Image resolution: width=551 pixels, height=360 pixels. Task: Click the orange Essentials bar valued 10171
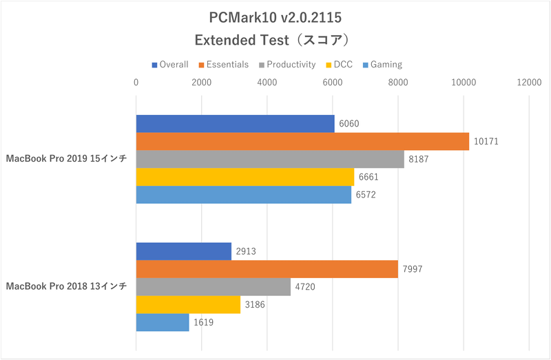pos(302,141)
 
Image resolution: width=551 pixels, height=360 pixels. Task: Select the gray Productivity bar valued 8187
pos(270,159)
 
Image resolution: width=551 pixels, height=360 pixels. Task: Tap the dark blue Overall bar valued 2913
pos(184,251)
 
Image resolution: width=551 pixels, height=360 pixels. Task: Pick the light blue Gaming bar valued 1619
pos(163,322)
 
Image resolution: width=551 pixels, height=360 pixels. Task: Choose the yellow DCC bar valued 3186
pos(188,304)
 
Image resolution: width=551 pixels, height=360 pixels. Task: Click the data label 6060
pos(350,124)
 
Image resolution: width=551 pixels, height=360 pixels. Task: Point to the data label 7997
pos(413,269)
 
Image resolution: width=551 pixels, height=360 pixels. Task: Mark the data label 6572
pos(366,195)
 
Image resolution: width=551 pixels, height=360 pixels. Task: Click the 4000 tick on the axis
pos(267,83)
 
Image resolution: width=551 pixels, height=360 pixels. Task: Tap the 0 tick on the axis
pos(136,83)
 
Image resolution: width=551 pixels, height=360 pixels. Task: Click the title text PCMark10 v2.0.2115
pos(275,17)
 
